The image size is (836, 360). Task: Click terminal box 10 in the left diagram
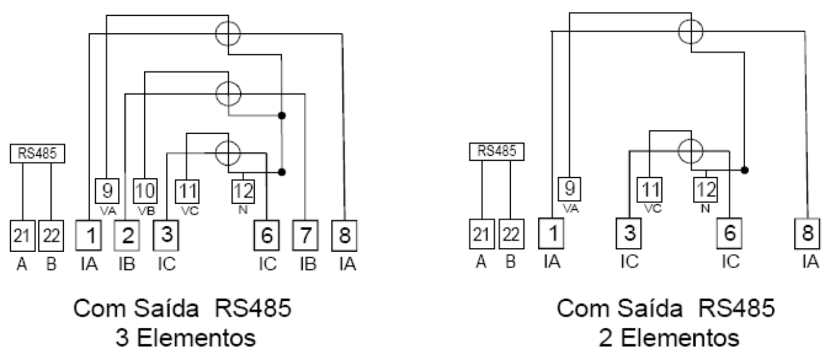point(145,190)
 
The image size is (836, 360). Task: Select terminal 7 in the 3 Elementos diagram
point(305,235)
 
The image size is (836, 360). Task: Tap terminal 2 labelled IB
point(127,235)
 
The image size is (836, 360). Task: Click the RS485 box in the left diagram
point(37,153)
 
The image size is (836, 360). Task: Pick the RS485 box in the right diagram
point(497,151)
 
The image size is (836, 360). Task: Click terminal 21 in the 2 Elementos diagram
point(482,235)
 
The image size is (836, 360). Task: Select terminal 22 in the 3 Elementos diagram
point(51,236)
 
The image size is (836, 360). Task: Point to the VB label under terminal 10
point(146,211)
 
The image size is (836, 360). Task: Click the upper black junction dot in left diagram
point(282,115)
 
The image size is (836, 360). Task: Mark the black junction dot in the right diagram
point(745,170)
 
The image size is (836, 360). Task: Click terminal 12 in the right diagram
point(705,190)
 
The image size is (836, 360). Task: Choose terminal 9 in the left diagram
point(107,190)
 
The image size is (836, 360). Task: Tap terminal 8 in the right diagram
point(807,233)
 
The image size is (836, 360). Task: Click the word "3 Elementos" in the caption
point(185,337)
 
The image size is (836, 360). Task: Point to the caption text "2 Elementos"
point(669,337)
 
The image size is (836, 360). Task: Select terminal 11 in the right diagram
point(650,190)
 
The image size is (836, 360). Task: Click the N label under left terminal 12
point(243,210)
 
